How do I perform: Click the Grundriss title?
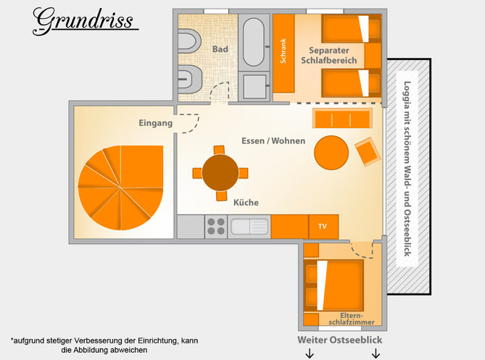tap(83, 21)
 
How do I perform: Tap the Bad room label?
tap(220, 49)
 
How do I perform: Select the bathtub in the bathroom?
tap(254, 42)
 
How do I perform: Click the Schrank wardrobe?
tap(283, 53)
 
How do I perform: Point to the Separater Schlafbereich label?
tap(329, 55)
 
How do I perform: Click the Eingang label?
tap(156, 123)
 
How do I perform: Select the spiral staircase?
tap(120, 188)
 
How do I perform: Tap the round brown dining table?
tap(220, 172)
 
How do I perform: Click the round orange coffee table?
tap(331, 153)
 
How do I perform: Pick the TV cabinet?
tap(323, 227)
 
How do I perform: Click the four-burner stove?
tap(216, 227)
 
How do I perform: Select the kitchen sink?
tap(249, 227)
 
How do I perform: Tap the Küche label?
tap(246, 202)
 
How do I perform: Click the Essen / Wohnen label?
tap(273, 141)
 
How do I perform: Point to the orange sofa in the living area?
tap(342, 118)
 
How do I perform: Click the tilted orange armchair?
tap(368, 151)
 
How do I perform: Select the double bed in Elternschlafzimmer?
tap(333, 285)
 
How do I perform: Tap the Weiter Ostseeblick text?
tap(339, 340)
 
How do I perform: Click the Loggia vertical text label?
tap(407, 169)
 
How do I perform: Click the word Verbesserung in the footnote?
tap(99, 340)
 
